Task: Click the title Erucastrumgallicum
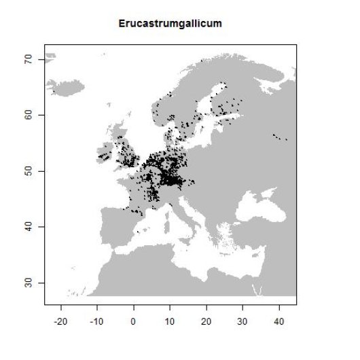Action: [x=170, y=24]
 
